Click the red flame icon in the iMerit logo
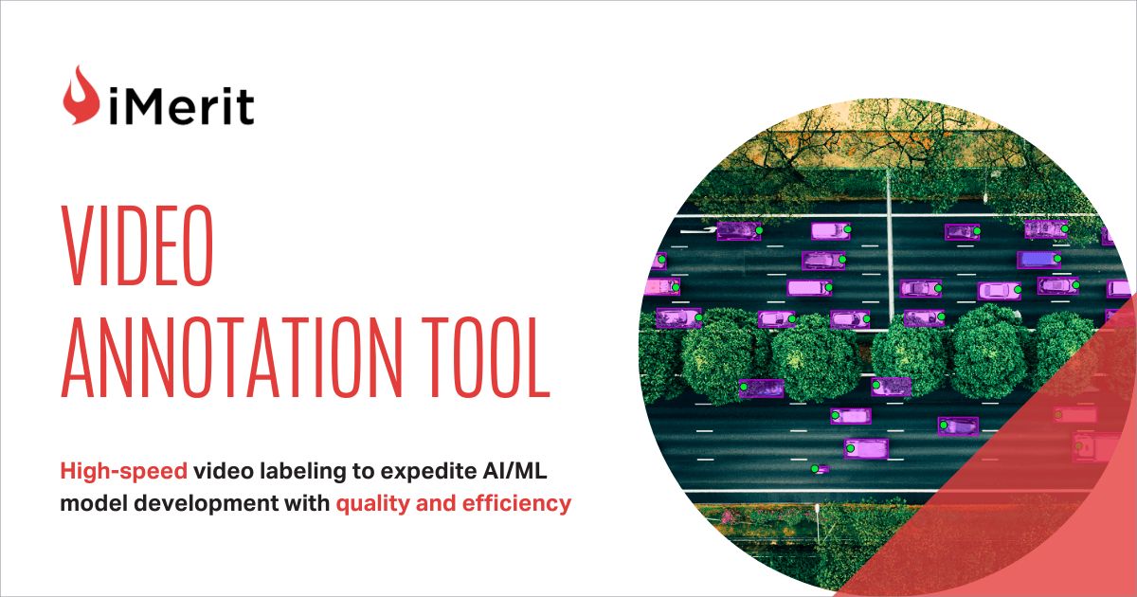(x=81, y=97)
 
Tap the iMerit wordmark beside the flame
(x=181, y=106)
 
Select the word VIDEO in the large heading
(x=137, y=245)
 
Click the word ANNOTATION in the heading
(x=231, y=357)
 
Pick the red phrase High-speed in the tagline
(x=124, y=472)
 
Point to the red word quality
(x=372, y=504)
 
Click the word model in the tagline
(x=94, y=503)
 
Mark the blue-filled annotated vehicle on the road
(x=1038, y=260)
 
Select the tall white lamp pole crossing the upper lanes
(x=890, y=244)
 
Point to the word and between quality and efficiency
(x=436, y=503)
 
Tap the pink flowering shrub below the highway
(x=729, y=516)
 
